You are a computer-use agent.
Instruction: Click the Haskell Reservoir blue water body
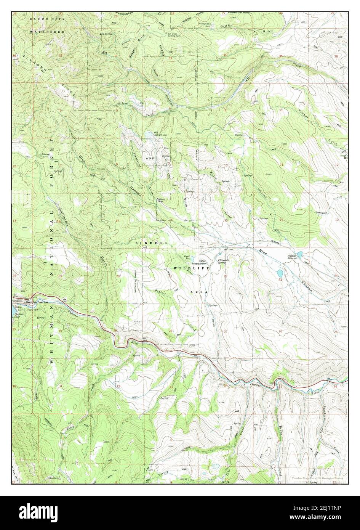pyautogui.click(x=299, y=254)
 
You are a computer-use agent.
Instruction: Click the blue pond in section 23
pyautogui.click(x=280, y=273)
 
